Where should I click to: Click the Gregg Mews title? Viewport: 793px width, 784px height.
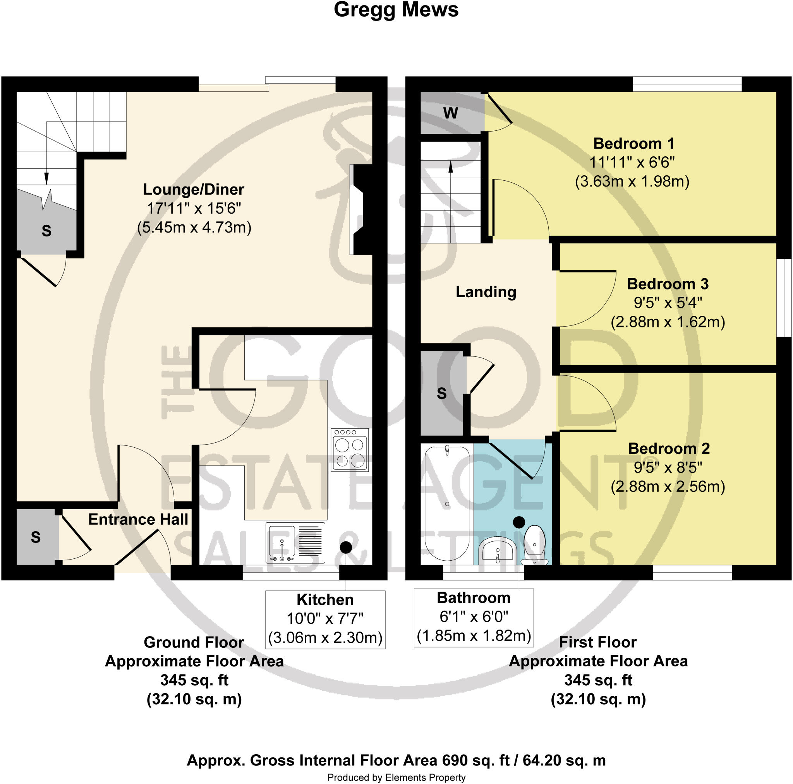(396, 10)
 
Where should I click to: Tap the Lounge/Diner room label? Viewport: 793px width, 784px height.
(193, 190)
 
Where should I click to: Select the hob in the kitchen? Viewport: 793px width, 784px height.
(350, 450)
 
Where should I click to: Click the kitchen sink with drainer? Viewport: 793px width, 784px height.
(295, 543)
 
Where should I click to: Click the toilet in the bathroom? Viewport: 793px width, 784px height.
(535, 544)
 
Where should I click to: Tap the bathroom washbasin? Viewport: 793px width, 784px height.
(497, 551)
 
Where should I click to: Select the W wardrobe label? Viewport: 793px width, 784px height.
(450, 113)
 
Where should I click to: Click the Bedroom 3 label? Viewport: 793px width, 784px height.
(668, 284)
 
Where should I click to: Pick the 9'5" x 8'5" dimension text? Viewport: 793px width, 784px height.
(668, 467)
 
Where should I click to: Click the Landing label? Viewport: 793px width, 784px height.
(486, 292)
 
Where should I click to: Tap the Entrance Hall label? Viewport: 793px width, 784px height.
(138, 519)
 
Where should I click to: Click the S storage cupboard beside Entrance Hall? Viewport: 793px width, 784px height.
(36, 537)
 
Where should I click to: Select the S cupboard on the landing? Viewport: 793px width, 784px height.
(442, 394)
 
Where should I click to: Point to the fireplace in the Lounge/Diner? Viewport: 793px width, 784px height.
(361, 210)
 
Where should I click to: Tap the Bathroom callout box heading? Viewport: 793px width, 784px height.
(473, 598)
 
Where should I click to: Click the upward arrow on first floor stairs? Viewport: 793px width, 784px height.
(451, 166)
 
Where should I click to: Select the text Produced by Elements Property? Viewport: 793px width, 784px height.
(396, 777)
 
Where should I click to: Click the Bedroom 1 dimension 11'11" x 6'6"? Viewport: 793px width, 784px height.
(632, 163)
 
